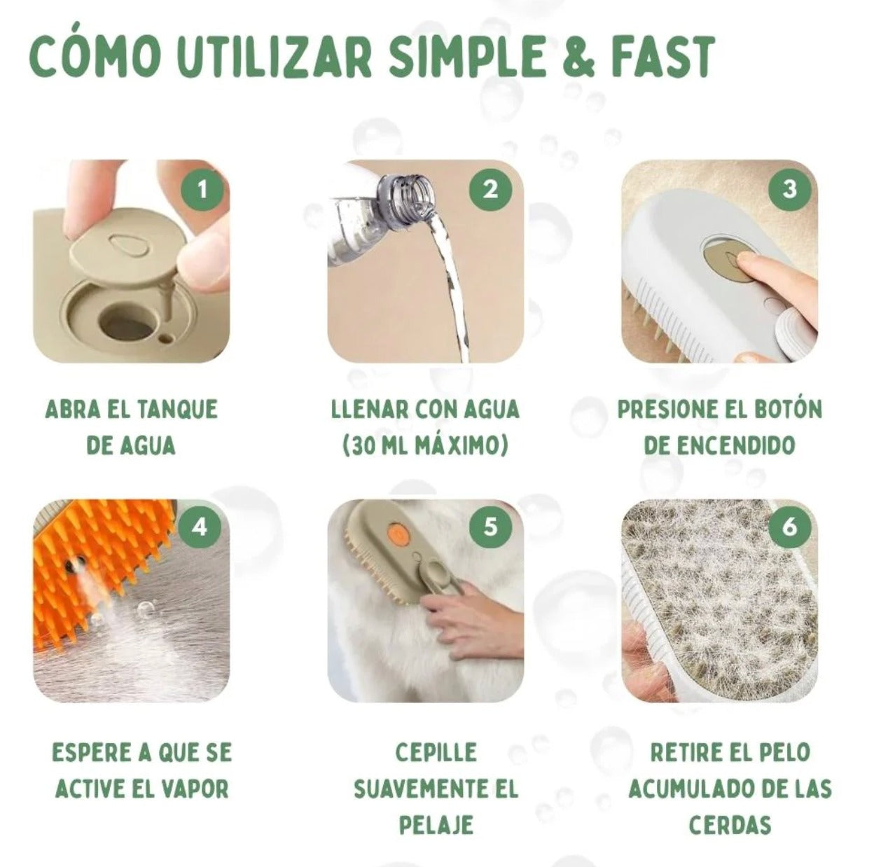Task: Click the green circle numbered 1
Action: click(x=202, y=190)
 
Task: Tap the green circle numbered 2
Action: click(x=490, y=190)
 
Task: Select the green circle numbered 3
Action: click(x=790, y=190)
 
